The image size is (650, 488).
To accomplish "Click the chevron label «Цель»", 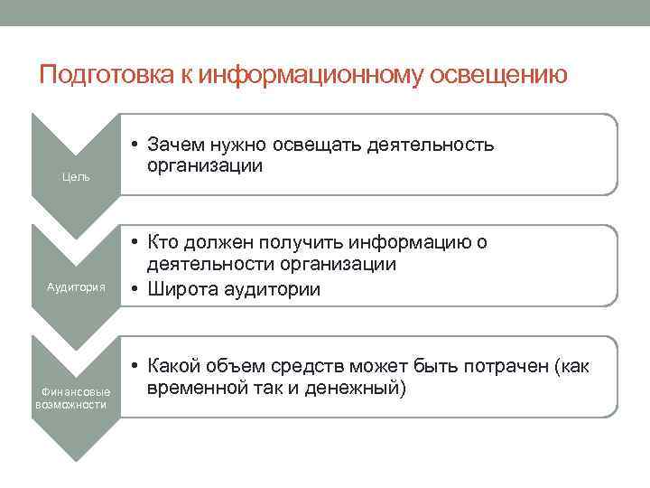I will click(75, 176).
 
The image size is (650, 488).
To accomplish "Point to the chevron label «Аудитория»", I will click(77, 286).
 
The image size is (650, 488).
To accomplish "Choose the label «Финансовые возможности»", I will click(74, 398).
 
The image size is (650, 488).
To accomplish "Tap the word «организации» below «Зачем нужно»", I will click(205, 165).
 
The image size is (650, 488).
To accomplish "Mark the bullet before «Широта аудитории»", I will click(133, 289).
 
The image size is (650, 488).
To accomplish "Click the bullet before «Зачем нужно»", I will click(133, 145).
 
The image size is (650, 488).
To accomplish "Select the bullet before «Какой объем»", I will click(133, 366).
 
